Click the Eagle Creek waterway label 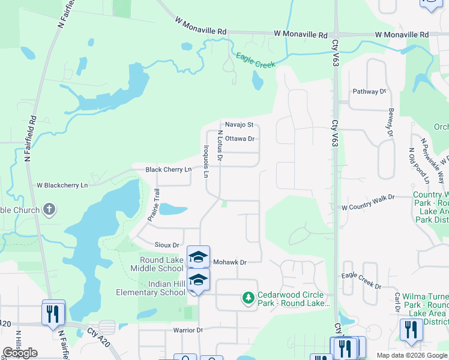(255, 59)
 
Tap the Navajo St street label (240, 124)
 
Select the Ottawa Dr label (240, 139)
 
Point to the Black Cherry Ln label (168, 170)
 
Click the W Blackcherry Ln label (62, 185)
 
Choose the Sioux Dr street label (167, 245)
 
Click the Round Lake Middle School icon (198, 256)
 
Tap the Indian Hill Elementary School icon (198, 279)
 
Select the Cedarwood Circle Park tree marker (248, 298)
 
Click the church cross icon (49, 210)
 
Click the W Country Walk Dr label (368, 202)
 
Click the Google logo (19, 353)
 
